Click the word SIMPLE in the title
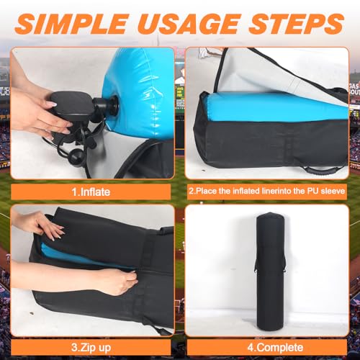point(71,24)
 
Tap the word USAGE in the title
point(189,24)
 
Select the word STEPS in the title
point(297,24)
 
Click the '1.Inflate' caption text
point(91,192)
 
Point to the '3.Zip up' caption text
point(91,348)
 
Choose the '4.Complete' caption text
point(275,348)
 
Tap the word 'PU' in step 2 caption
point(313,191)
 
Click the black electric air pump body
point(70,106)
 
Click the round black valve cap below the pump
point(77,156)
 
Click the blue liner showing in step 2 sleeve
point(276,107)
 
